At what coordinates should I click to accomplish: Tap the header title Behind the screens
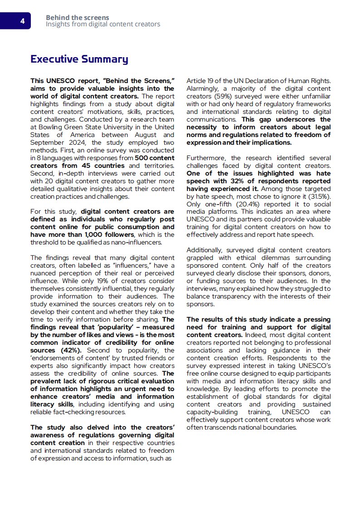(x=77, y=18)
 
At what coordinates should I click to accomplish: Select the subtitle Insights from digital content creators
(x=103, y=24)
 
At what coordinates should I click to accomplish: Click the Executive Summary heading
(x=79, y=59)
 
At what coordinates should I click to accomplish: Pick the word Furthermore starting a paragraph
(x=207, y=158)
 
